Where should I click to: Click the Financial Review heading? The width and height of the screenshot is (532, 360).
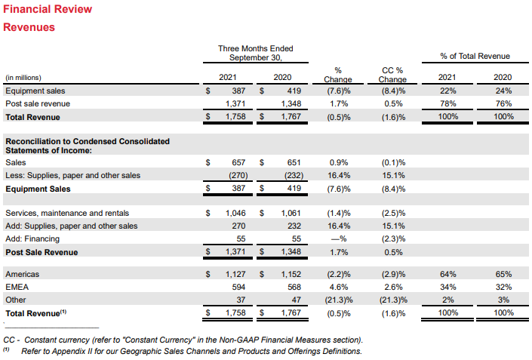point(48,9)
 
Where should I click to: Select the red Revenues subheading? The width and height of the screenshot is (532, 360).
point(29,27)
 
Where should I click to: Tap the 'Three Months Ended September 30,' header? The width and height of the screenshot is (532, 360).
point(255,53)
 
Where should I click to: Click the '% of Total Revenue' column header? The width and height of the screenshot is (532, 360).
point(475,56)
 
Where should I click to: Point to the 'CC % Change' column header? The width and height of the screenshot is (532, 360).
point(392,75)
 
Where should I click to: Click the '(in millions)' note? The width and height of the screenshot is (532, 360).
point(23,78)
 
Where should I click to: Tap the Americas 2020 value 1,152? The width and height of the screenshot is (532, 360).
point(291,274)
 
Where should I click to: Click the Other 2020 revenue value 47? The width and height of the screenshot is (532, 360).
point(296,300)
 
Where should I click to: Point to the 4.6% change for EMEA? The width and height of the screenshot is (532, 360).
point(340,287)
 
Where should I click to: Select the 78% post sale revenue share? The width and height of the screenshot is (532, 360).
point(447,103)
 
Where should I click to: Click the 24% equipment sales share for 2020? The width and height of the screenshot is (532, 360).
point(503,91)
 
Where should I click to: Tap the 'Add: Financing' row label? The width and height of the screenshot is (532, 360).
point(33,238)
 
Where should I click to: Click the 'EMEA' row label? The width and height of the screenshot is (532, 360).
point(16,287)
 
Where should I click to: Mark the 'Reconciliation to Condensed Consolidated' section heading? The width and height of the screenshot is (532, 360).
point(88,141)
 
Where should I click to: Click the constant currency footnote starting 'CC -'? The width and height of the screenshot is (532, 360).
point(183,339)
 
